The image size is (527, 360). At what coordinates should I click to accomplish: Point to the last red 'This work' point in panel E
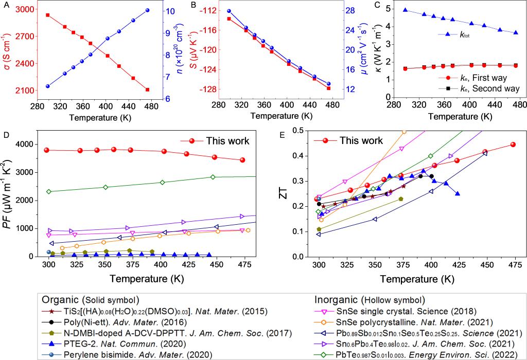[513, 145]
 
